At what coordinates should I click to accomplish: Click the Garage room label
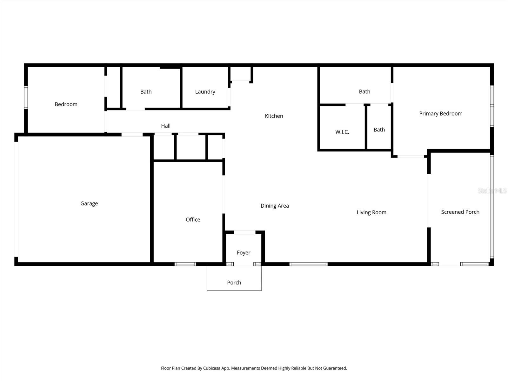pos(89,204)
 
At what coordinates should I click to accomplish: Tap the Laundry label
pos(205,92)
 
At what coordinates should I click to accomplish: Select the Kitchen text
pos(274,116)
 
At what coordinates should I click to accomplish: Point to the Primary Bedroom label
pos(441,114)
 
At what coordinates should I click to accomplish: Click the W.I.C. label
pos(342,132)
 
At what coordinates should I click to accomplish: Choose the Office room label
pos(193,220)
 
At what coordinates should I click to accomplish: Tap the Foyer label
pos(244,253)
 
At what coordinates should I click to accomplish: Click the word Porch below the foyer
pos(234,283)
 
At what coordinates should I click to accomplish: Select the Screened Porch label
pos(460,212)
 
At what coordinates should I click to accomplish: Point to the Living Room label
pos(371,212)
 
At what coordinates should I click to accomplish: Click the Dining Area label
pos(275,206)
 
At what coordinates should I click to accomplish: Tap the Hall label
pos(166,126)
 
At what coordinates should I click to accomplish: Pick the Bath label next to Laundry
pos(146,92)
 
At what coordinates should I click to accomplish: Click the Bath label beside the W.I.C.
pos(379,130)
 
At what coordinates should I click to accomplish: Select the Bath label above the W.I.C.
pos(364,92)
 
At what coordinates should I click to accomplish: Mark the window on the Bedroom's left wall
pos(26,97)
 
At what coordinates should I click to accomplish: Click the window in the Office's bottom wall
pos(185,264)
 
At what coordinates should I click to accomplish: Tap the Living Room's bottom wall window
pos(308,264)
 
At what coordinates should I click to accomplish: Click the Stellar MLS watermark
pos(492,190)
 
